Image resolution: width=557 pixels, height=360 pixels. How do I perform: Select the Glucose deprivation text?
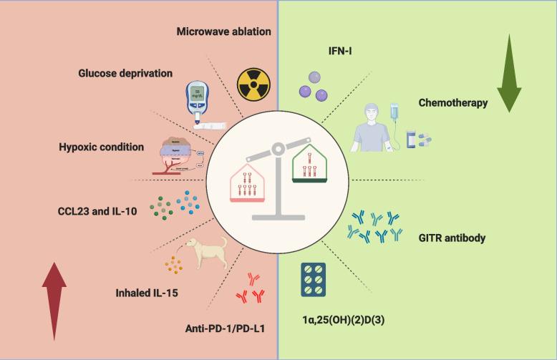point(126,72)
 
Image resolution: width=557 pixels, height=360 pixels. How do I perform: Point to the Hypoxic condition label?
point(102,147)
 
